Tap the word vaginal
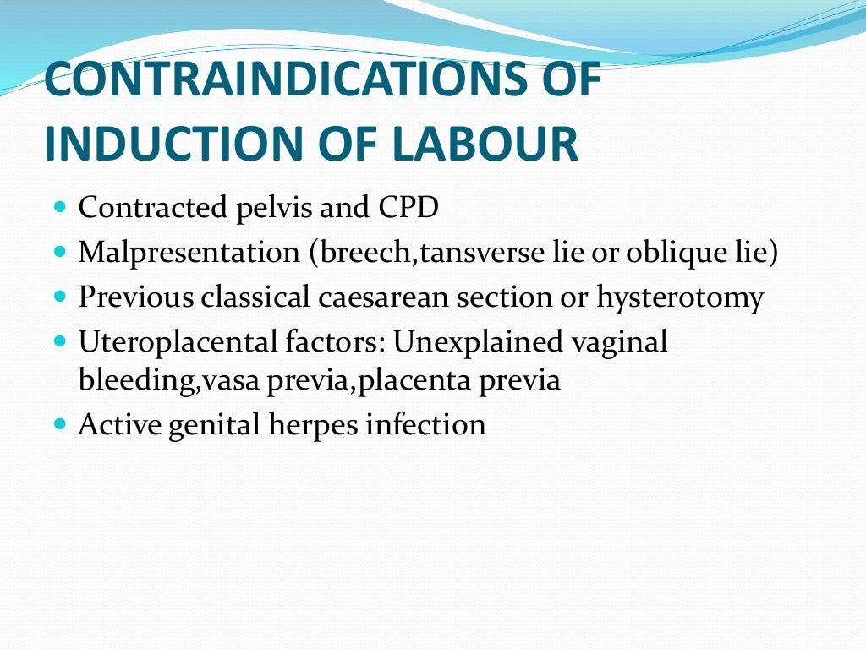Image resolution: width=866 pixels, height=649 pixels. tap(619, 342)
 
